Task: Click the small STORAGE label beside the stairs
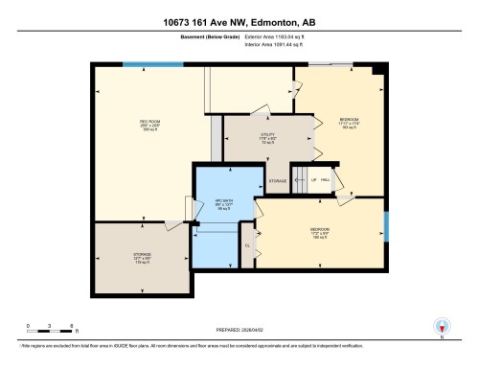278,181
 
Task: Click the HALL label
325,180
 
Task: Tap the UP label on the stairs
301,180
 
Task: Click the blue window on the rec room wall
154,64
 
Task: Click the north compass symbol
442,328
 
